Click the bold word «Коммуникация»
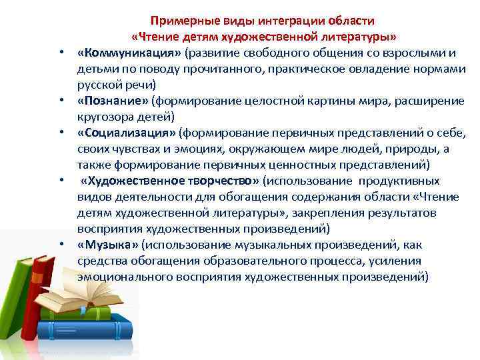[x=129, y=53]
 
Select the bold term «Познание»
[x=113, y=101]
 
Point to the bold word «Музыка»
[x=106, y=245]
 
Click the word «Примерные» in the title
[x=177, y=21]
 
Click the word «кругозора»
[x=104, y=117]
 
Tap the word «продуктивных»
[x=398, y=181]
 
